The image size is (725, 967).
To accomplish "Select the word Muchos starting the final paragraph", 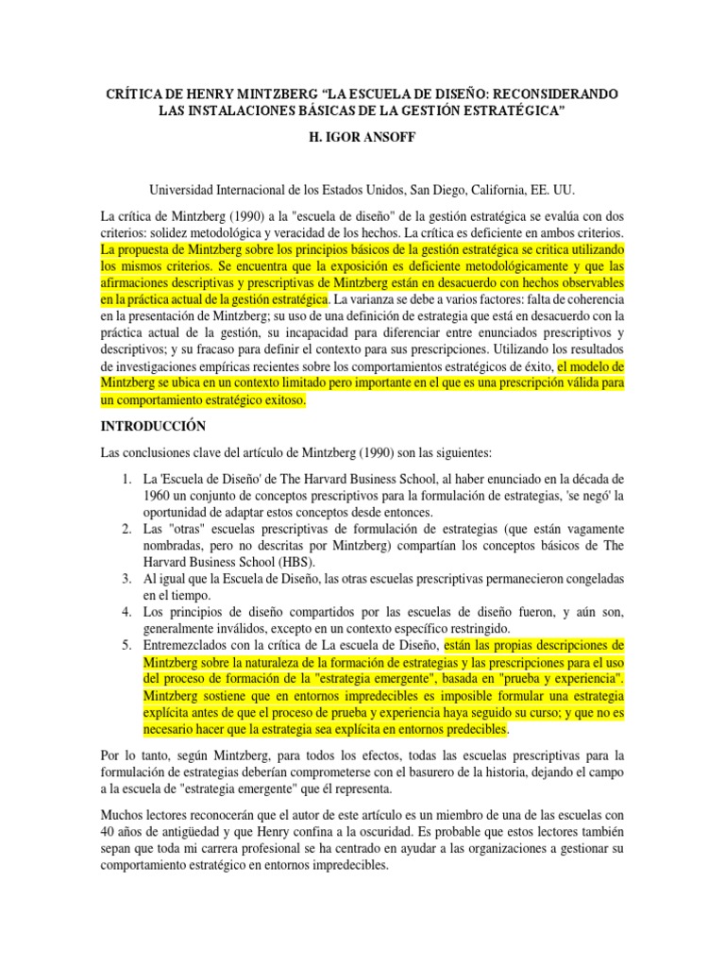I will pos(124,814).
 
